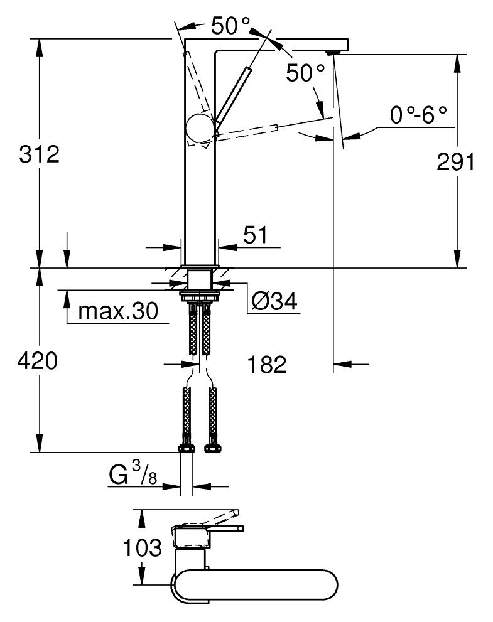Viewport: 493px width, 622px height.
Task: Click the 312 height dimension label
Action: (38, 153)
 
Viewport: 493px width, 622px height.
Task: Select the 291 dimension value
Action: (455, 162)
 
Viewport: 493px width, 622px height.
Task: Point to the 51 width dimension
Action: (254, 235)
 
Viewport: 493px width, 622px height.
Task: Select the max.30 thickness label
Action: (117, 311)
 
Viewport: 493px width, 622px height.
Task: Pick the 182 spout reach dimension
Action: (266, 364)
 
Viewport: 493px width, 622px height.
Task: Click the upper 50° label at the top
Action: (230, 26)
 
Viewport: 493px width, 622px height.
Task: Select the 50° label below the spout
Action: (306, 73)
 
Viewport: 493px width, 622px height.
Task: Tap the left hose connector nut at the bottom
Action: (187, 448)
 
